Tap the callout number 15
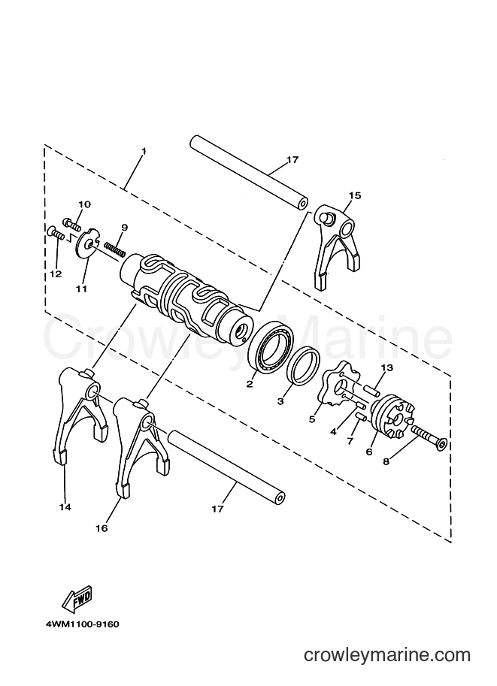click(x=355, y=195)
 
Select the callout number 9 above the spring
click(x=124, y=227)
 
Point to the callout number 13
click(x=386, y=367)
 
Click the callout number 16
click(x=102, y=528)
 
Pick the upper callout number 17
click(x=292, y=160)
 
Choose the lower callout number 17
click(x=217, y=509)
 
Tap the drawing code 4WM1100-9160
click(x=82, y=624)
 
